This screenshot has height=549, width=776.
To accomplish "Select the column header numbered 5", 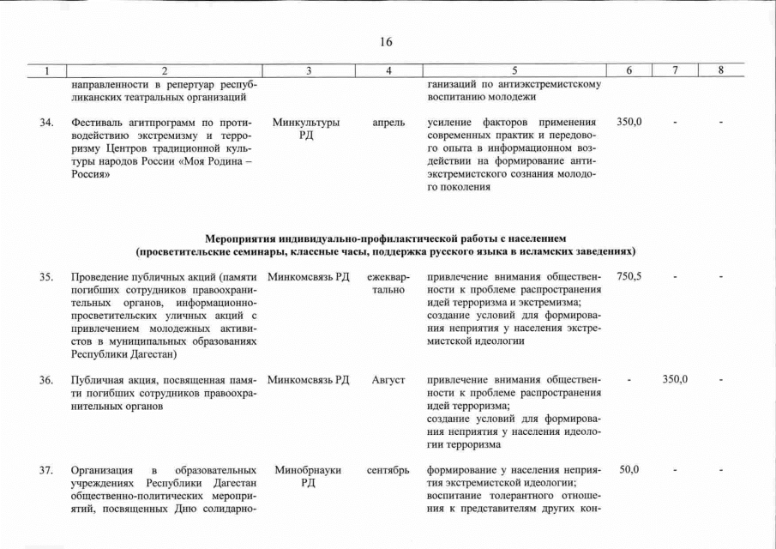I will coord(514,70).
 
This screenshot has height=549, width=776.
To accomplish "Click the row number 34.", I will coord(47,124).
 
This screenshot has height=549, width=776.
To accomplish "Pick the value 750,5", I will coord(629,277).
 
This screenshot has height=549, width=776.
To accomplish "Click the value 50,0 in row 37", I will coord(629,470).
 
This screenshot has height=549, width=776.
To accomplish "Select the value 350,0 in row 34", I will coord(629,124).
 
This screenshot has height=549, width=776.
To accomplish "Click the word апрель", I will coord(388,124).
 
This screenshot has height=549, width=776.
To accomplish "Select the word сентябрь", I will coord(388,470).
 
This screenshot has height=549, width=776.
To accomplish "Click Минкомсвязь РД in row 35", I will coord(308,277).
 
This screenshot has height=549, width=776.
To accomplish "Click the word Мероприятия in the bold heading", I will coord(240,237).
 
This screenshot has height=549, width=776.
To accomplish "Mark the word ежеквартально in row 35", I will coord(388,283).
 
